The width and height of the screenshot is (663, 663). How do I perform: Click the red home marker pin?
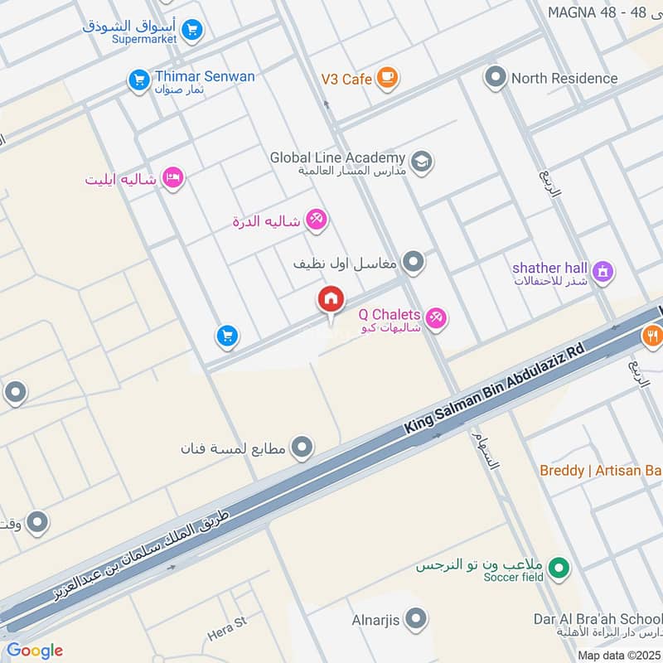(331, 301)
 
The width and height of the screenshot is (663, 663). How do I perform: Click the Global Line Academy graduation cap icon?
(421, 162)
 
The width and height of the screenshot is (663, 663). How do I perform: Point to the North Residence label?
(564, 78)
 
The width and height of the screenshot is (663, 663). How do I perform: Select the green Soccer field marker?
(561, 569)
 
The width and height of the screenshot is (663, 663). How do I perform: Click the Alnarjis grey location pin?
(416, 618)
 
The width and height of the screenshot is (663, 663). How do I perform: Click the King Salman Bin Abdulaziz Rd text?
(494, 388)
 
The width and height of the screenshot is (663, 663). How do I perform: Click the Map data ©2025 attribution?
(619, 655)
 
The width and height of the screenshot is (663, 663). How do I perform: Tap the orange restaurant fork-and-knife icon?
(652, 336)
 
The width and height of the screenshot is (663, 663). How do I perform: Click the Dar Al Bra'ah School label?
(597, 618)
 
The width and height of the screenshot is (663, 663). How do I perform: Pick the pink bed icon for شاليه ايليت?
(172, 178)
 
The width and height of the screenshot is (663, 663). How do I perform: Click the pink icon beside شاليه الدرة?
(317, 220)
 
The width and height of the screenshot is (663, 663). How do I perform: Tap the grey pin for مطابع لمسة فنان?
(302, 448)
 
